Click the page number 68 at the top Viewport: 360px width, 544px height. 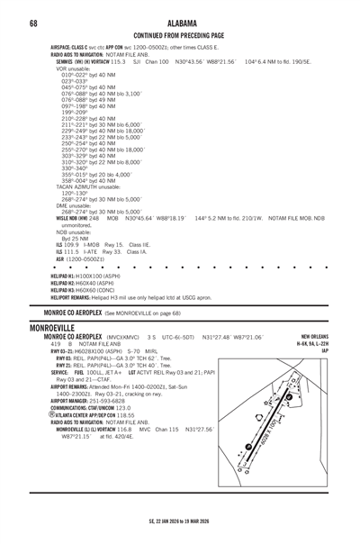[32, 22]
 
